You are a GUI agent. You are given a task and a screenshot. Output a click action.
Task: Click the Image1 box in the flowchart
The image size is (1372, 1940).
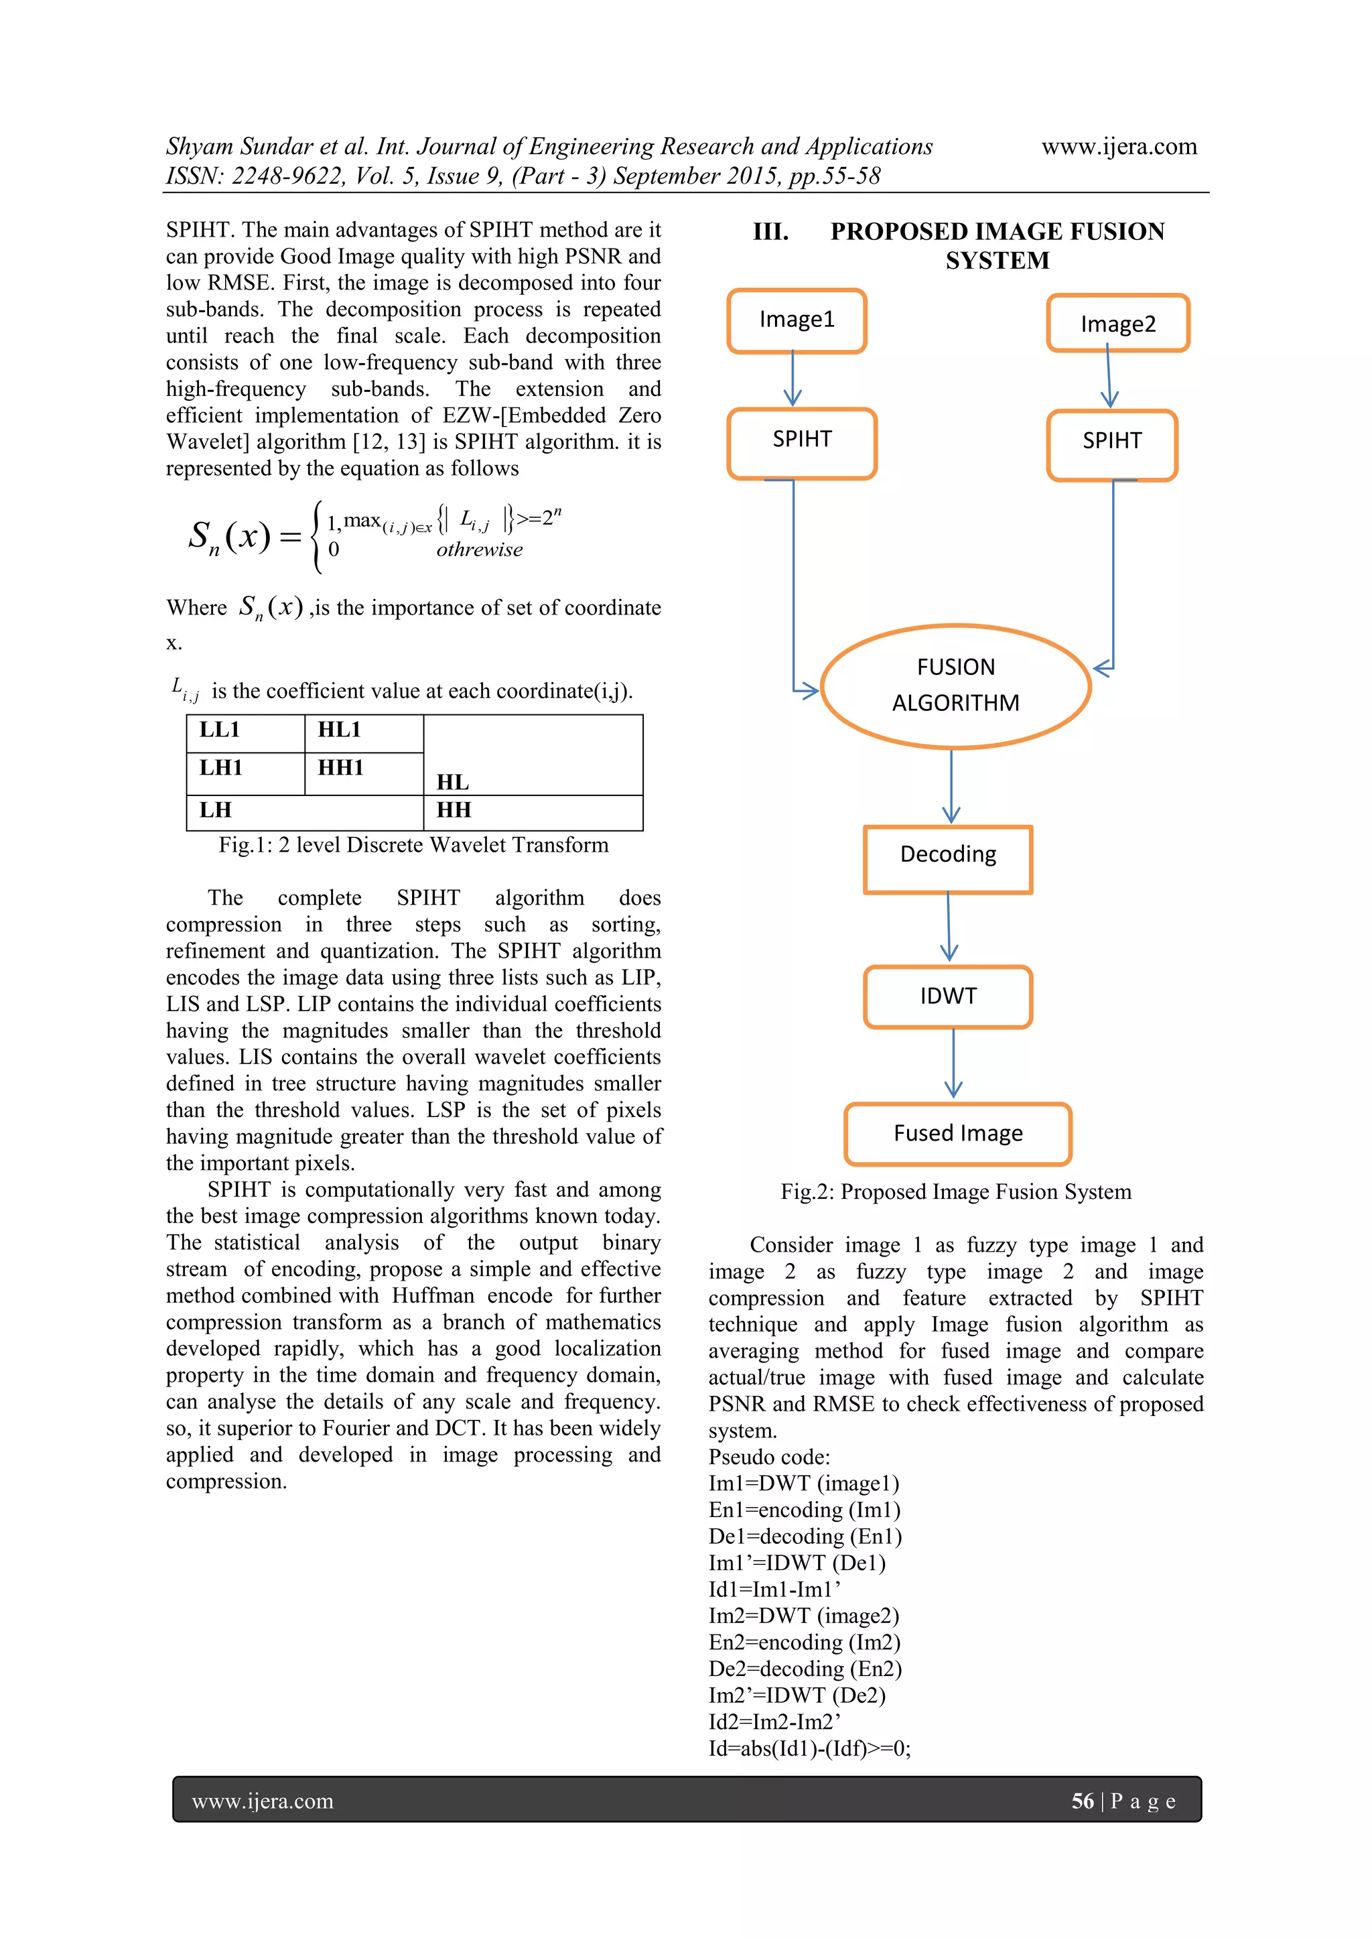pyautogui.click(x=797, y=320)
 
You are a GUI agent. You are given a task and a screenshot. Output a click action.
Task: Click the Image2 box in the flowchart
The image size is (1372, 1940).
pyautogui.click(x=1117, y=324)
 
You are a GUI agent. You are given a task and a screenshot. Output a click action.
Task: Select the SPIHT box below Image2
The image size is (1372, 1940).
pyautogui.click(x=1112, y=444)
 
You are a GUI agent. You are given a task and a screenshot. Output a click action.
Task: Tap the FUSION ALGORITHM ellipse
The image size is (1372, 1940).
pyautogui.click(x=955, y=686)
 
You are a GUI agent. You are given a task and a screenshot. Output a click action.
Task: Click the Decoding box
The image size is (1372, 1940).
pyautogui.click(x=948, y=858)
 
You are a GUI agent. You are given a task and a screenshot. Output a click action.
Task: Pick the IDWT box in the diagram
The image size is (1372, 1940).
pyautogui.click(x=948, y=996)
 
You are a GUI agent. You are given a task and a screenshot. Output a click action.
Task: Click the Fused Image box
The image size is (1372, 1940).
pyautogui.click(x=957, y=1133)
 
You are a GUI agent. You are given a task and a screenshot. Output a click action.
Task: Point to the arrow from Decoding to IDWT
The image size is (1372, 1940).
pyautogui.click(x=949, y=927)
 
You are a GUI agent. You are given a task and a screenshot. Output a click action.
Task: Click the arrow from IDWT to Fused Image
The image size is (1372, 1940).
pyautogui.click(x=953, y=1063)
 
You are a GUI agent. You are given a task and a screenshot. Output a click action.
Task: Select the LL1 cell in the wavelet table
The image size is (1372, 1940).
pyautogui.click(x=245, y=732)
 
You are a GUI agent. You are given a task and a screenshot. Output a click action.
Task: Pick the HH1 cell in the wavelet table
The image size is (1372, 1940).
pyautogui.click(x=363, y=771)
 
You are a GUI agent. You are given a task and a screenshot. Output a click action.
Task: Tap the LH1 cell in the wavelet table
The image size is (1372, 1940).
pyautogui.click(x=245, y=771)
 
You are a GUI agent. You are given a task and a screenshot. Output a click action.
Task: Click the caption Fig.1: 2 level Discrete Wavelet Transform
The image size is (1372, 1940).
pyautogui.click(x=413, y=845)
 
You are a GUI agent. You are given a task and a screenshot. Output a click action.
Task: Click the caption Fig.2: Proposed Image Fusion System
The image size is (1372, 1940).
pyautogui.click(x=955, y=1191)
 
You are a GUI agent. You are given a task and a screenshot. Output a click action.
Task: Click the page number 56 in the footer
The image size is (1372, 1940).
pyautogui.click(x=1082, y=1801)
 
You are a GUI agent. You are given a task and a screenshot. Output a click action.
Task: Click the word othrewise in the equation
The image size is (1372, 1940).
pyautogui.click(x=479, y=550)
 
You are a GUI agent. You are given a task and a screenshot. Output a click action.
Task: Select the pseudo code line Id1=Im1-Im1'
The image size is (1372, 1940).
pyautogui.click(x=774, y=1590)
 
